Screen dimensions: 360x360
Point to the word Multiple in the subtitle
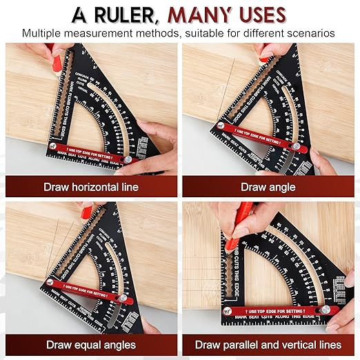pyautogui.click(x=43, y=32)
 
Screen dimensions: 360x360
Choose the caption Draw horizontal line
pyautogui.click(x=90, y=187)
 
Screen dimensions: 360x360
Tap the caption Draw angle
pyautogui.click(x=268, y=187)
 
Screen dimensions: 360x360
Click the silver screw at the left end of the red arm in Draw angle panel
pyautogui.click(x=219, y=126)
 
